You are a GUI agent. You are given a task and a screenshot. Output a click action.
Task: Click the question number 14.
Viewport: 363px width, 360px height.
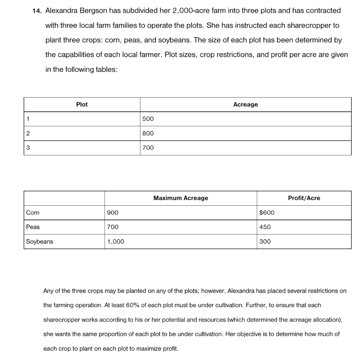(37, 11)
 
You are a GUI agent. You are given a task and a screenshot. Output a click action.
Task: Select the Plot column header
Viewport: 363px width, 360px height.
(82, 104)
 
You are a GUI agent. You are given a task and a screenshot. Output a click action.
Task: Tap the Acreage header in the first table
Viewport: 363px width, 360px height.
(246, 104)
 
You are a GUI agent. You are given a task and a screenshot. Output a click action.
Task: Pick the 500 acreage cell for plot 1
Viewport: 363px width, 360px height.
(148, 119)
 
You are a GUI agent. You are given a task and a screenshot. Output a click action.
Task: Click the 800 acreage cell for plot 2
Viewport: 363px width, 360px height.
(148, 133)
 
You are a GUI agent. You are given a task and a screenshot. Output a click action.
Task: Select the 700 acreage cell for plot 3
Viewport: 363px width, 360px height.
(148, 148)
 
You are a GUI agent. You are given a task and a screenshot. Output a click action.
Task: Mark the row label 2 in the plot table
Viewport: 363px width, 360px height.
(28, 133)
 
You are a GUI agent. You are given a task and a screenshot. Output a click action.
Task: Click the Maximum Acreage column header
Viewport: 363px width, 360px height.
(181, 198)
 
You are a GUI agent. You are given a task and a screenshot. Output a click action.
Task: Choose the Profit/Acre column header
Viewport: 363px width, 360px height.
(304, 198)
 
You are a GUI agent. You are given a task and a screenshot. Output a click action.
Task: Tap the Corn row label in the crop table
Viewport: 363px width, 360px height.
(33, 212)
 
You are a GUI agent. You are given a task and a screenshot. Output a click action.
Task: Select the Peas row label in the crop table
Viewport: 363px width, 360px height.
(33, 227)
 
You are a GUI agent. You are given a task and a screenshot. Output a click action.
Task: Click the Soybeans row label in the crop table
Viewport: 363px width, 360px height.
(39, 242)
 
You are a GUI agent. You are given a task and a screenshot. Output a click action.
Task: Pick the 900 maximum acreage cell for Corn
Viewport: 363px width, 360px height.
(112, 212)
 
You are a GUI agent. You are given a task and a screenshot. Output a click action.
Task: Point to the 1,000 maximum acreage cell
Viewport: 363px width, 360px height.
(116, 242)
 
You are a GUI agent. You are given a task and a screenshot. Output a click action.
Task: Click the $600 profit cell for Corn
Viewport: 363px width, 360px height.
(267, 212)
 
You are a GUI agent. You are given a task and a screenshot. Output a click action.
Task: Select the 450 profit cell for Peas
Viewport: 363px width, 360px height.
(265, 227)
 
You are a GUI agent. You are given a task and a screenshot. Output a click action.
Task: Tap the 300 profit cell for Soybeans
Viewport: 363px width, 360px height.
(265, 242)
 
